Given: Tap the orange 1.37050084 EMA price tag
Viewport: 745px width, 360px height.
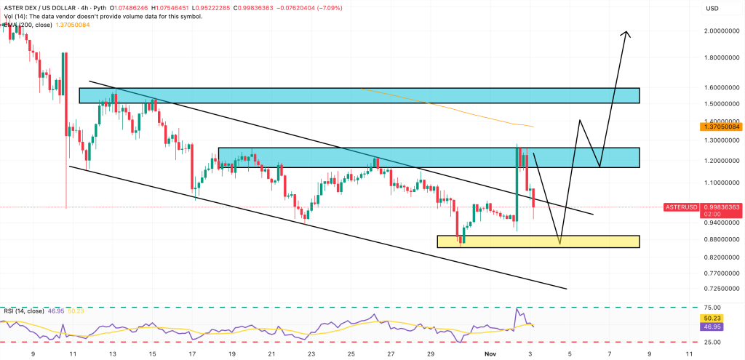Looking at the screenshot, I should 721,126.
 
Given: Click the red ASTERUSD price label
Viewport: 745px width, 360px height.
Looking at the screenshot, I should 682,207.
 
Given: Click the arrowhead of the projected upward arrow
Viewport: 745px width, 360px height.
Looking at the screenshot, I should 626,33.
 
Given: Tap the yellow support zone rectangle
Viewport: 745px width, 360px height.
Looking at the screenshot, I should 538,241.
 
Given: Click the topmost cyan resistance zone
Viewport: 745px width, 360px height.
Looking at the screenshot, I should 359,95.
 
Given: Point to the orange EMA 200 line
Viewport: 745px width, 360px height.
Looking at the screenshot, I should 451,108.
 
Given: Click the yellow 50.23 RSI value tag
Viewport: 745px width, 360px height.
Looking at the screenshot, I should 712,317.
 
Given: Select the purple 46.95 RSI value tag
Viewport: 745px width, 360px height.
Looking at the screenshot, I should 712,327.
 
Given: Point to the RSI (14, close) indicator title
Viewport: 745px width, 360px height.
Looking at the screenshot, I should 25,311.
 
